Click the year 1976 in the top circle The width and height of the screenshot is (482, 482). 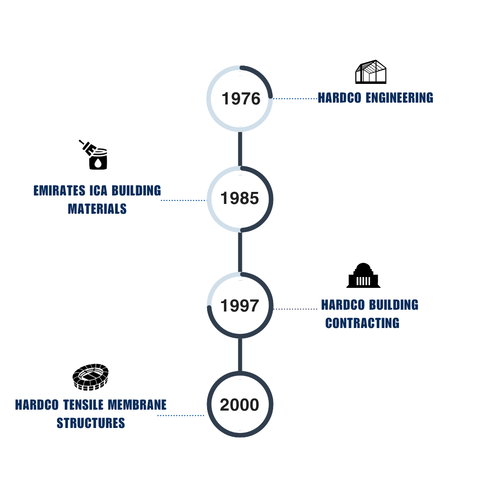click(x=241, y=99)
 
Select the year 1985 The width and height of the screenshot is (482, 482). click(x=240, y=198)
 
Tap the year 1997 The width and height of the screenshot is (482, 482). click(x=240, y=306)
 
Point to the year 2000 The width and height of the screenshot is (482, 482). click(x=240, y=405)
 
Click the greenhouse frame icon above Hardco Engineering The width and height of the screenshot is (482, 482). click(x=371, y=72)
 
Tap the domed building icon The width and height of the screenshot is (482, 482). click(x=363, y=275)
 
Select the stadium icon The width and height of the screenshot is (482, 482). click(x=91, y=377)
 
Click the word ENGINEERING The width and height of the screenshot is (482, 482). click(x=399, y=98)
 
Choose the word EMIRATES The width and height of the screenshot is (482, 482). click(x=59, y=191)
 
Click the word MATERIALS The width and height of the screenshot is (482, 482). click(x=97, y=209)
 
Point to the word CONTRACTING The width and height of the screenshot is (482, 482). click(x=362, y=323)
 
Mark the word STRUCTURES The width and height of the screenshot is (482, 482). click(x=91, y=423)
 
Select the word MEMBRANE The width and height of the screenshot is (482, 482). click(x=137, y=405)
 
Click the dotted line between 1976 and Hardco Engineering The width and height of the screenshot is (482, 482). click(x=295, y=99)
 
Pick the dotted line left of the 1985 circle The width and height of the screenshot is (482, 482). click(x=183, y=200)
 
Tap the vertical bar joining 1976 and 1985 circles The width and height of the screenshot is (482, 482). click(x=240, y=149)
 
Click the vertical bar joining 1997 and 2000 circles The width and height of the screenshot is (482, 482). click(x=240, y=355)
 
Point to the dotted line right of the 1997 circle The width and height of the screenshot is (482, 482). click(x=295, y=309)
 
